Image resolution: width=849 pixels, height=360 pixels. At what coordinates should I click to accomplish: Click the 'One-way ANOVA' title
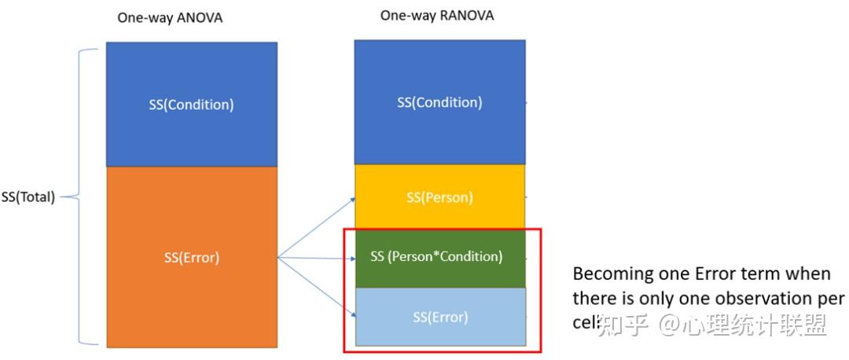170,17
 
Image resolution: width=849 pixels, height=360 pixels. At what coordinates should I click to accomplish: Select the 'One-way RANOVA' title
437,16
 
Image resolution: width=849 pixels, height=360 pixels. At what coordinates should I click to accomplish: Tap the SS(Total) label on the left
28,197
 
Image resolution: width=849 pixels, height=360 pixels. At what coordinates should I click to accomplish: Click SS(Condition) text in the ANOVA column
191,104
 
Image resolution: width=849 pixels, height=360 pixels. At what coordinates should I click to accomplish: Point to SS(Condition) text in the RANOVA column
439,102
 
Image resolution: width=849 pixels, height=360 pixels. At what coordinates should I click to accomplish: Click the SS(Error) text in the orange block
191,256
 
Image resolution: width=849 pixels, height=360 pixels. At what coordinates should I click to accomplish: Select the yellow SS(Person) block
439,197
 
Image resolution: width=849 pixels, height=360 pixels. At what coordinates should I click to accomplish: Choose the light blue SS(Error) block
439,317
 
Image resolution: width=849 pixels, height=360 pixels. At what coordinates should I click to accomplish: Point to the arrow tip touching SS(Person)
352,200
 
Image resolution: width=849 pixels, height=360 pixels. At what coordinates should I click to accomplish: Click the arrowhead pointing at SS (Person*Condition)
352,257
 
